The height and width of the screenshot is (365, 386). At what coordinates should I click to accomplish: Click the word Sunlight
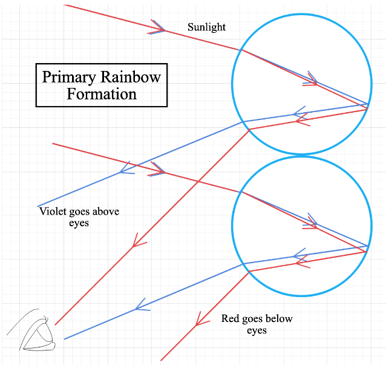206,27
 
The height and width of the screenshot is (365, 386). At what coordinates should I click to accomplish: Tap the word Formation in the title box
101,94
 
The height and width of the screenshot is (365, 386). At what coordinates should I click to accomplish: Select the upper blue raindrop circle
301,84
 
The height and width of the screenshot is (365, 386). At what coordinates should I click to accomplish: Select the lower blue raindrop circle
301,226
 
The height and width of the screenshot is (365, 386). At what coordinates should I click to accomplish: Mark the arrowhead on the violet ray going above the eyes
126,170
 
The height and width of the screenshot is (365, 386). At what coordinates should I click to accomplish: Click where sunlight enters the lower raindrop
241,192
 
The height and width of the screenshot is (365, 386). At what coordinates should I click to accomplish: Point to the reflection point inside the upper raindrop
367,107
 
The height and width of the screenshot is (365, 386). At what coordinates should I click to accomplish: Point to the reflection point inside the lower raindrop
367,249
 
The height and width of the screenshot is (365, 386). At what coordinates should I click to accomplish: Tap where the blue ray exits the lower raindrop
243,264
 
